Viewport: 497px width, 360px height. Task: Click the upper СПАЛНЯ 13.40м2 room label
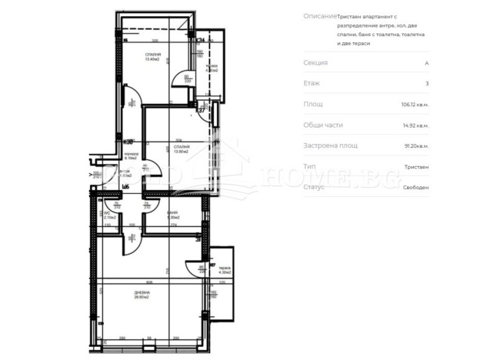(x=152, y=57)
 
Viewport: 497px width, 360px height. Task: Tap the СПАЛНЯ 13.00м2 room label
(x=182, y=150)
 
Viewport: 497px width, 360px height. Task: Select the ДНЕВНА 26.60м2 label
(x=141, y=295)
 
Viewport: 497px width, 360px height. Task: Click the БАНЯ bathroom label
(x=173, y=215)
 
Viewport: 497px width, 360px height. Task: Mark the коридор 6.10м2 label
(x=130, y=156)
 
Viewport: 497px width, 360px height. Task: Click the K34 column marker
(x=201, y=40)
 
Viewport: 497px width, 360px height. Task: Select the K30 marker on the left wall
(x=129, y=142)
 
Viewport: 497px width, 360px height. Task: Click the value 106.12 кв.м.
(x=415, y=104)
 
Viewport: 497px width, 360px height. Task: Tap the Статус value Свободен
(x=416, y=187)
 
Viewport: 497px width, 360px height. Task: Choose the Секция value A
(x=426, y=63)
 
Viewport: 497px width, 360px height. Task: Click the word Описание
(x=321, y=16)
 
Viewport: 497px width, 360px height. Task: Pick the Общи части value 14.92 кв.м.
(x=416, y=125)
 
